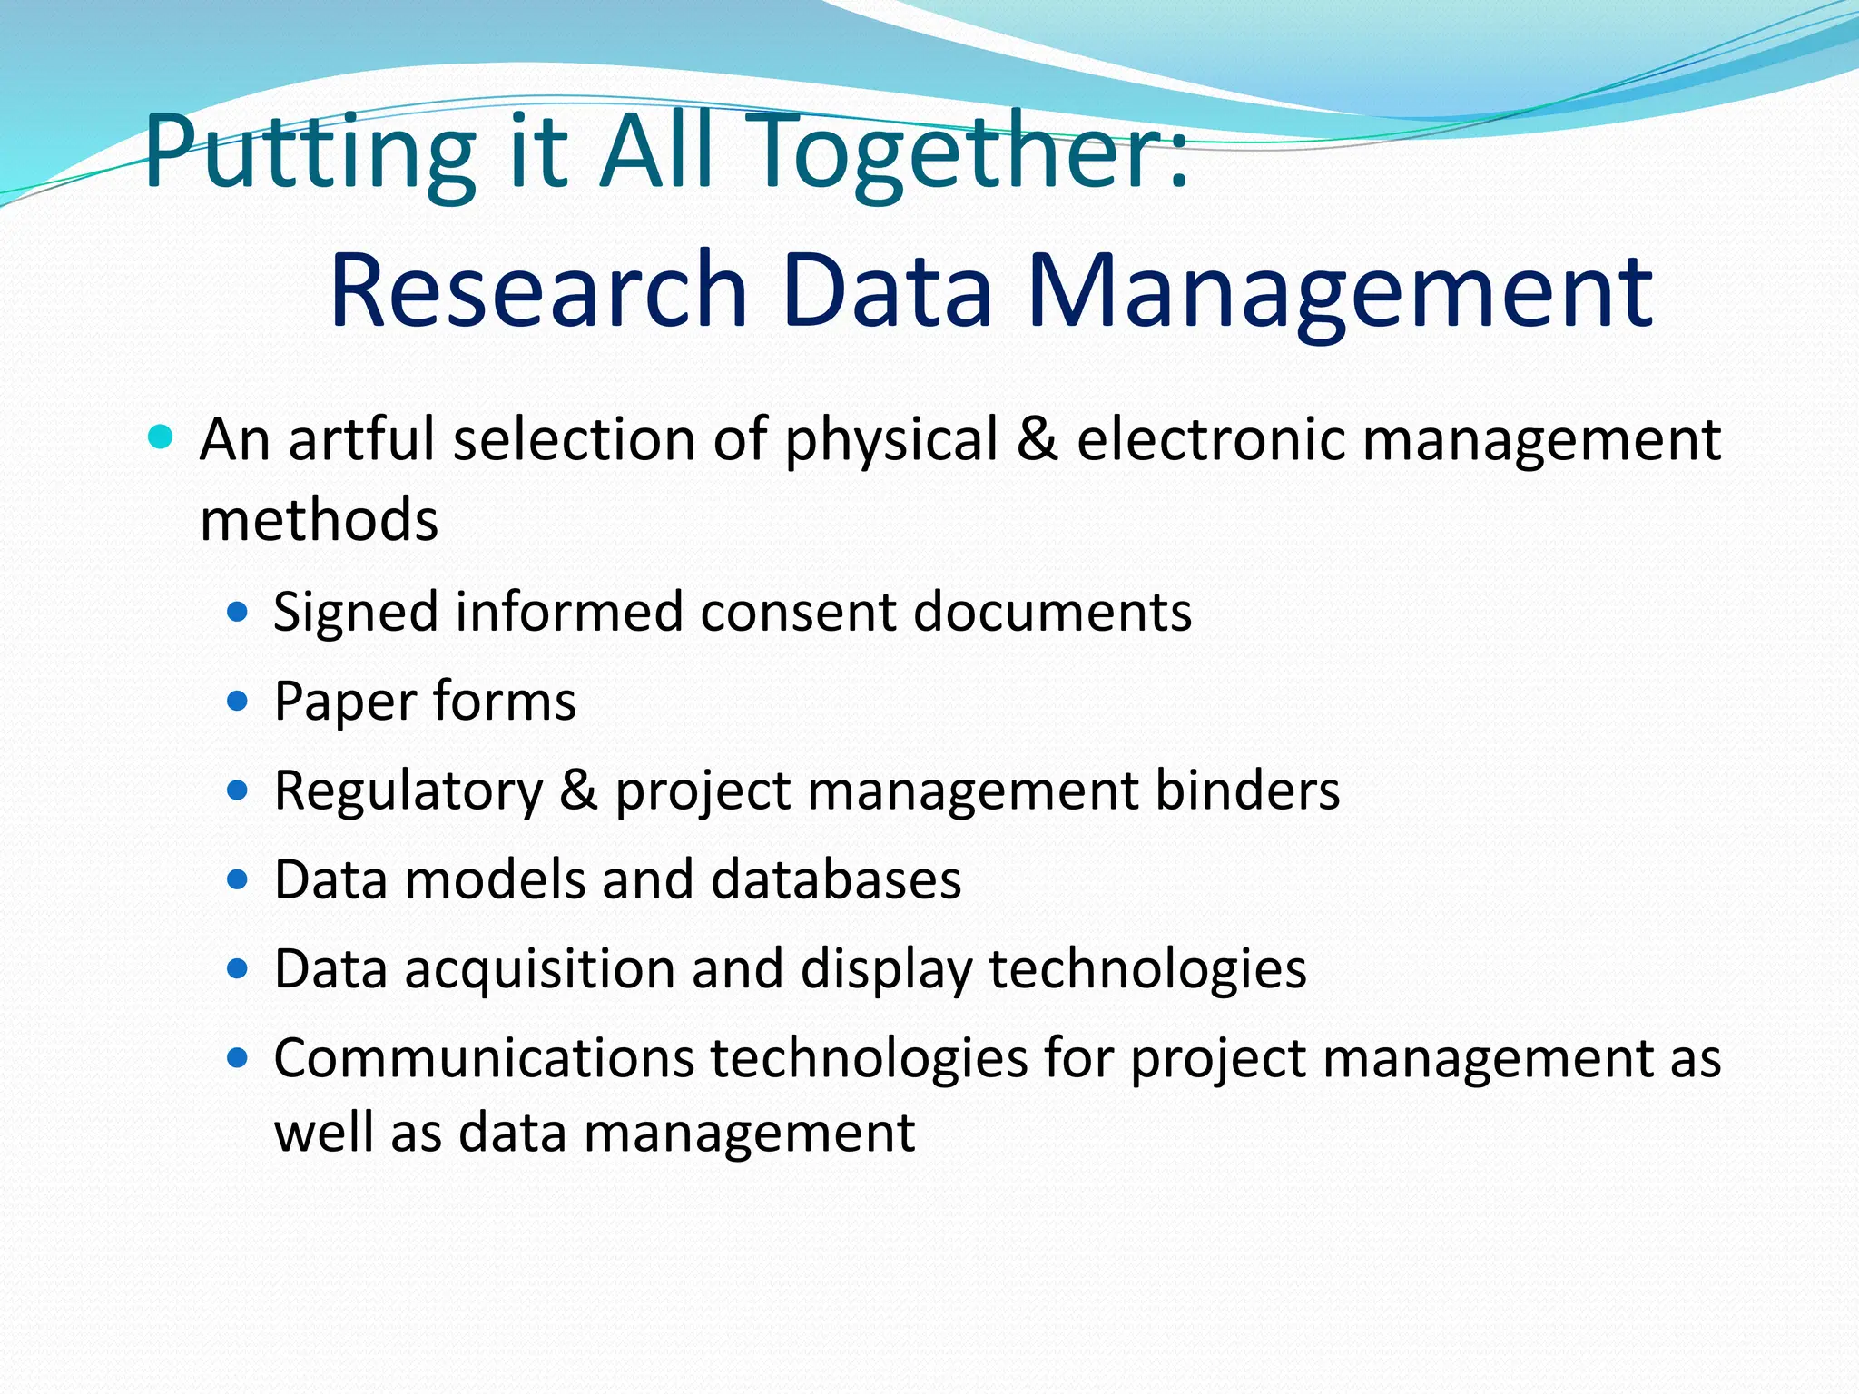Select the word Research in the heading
pyautogui.click(x=538, y=290)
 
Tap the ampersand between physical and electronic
pyautogui.click(x=1038, y=439)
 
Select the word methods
pyautogui.click(x=319, y=520)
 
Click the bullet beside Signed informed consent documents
pyautogui.click(x=238, y=613)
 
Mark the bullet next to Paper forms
pyautogui.click(x=238, y=702)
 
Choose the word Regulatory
pyautogui.click(x=408, y=790)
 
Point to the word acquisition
pyautogui.click(x=539, y=969)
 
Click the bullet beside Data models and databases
pyautogui.click(x=238, y=879)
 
